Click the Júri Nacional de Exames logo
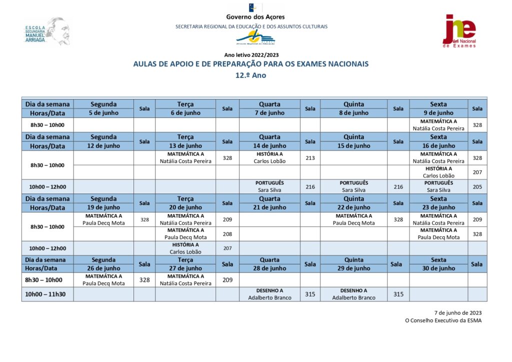click(459, 31)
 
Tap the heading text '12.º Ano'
click(251, 75)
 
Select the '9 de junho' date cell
click(438, 113)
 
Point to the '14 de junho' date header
click(269, 145)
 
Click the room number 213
click(310, 158)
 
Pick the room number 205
click(477, 186)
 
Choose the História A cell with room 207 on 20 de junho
click(185, 248)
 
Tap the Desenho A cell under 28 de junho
click(269, 294)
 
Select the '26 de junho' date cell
click(103, 268)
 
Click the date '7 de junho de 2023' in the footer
click(457, 312)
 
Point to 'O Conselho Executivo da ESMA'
click(443, 321)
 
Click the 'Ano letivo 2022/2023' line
click(251, 55)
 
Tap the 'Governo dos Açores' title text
click(255, 17)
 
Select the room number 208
click(227, 233)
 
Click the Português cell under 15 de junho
click(353, 186)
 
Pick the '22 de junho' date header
click(353, 207)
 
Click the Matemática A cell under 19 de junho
click(103, 219)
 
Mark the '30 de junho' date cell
click(438, 268)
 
